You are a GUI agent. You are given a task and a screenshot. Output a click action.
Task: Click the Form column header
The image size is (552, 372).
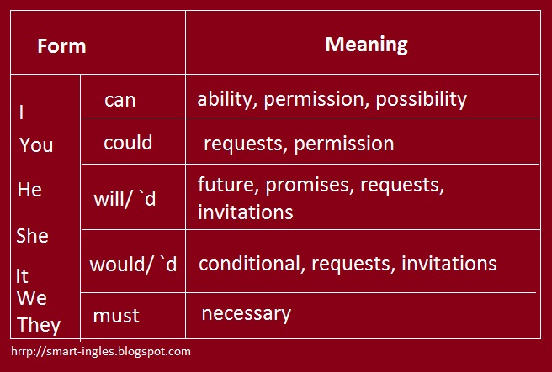click(x=61, y=45)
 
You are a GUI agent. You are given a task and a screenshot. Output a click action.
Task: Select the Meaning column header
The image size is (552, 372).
click(x=366, y=44)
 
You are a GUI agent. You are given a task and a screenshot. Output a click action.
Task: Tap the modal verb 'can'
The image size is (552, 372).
click(x=119, y=100)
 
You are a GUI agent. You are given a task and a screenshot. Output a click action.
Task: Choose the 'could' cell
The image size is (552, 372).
click(x=128, y=143)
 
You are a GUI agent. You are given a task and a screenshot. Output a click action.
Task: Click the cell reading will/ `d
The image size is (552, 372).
click(x=125, y=200)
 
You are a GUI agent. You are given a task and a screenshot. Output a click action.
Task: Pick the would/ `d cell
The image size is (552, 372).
click(x=133, y=264)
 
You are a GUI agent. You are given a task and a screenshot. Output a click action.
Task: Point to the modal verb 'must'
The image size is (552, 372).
click(x=116, y=316)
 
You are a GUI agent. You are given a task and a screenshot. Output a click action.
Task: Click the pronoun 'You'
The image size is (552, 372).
click(x=36, y=145)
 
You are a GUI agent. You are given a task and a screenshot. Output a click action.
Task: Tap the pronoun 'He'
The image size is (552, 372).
click(x=29, y=190)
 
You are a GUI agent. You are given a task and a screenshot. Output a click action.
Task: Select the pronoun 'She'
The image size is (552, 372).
click(x=33, y=236)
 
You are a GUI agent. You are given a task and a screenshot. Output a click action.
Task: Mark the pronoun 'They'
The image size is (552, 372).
click(x=39, y=324)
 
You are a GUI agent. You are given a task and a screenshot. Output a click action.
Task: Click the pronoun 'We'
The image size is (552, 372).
click(x=31, y=298)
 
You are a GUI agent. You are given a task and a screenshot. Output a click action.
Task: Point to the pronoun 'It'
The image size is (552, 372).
click(x=22, y=275)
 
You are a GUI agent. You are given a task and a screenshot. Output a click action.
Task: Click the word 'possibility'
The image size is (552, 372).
click(x=421, y=99)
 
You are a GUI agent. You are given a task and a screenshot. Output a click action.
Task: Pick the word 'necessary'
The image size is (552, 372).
click(x=246, y=314)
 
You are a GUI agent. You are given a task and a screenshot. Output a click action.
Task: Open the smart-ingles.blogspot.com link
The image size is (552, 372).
click(x=101, y=352)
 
